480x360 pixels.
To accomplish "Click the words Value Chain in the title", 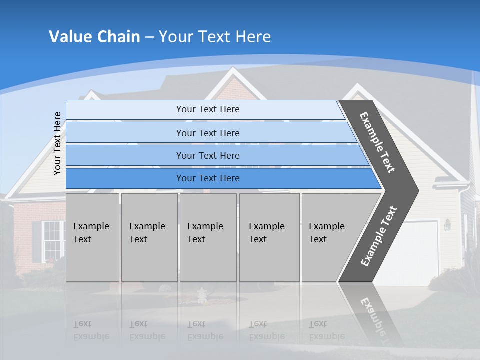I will (94, 37).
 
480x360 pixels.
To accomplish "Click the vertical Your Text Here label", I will (57, 143).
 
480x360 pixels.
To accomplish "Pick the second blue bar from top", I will (208, 133).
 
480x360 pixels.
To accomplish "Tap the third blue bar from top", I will (208, 155).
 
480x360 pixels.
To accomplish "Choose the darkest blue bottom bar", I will (208, 178).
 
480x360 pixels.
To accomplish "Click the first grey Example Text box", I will (92, 237).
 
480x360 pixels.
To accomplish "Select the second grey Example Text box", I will (149, 237).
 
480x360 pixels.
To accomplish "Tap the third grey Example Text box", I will (208, 237).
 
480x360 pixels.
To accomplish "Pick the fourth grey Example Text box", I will (269, 237).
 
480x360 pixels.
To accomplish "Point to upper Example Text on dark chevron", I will (377, 142).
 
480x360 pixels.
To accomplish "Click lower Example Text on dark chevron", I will (379, 236).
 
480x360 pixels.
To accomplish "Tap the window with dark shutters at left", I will (52, 240).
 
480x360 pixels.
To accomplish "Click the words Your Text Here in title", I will (215, 37).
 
